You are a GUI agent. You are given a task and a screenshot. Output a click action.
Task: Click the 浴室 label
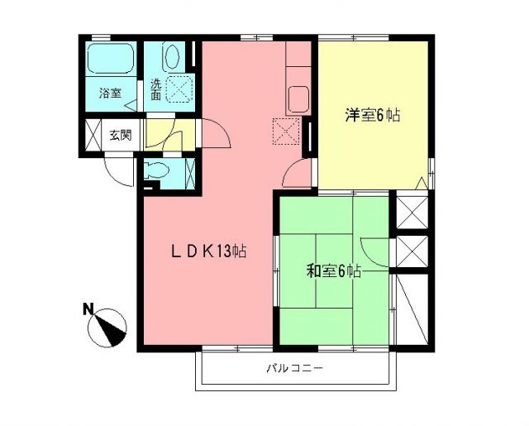click(x=110, y=93)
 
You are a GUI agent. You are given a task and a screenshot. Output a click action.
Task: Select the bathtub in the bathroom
click(x=112, y=61)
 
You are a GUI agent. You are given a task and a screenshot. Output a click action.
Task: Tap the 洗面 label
click(x=156, y=89)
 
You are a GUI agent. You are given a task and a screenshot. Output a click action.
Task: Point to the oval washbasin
click(x=172, y=57)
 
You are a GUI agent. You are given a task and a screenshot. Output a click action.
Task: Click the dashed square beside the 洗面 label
click(x=181, y=88)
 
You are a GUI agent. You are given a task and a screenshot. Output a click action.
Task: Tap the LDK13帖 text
click(x=207, y=249)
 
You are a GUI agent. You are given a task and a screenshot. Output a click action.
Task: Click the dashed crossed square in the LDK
click(x=285, y=130)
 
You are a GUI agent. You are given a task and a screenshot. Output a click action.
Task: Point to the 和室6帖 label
click(x=333, y=271)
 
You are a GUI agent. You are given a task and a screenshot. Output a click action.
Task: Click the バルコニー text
click(x=294, y=368)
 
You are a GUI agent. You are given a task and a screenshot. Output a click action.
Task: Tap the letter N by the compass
click(x=88, y=310)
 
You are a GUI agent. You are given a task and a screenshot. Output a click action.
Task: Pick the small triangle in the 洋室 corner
click(x=422, y=182)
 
